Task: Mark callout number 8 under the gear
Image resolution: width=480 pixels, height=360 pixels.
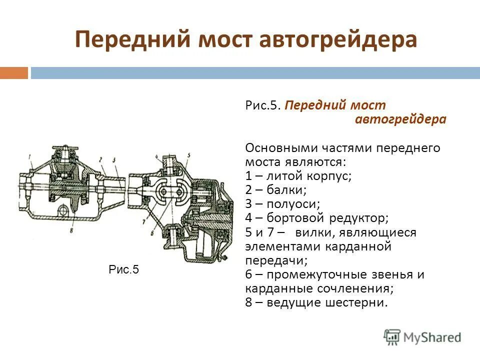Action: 71,230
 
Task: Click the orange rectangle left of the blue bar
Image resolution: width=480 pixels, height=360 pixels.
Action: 14,73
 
